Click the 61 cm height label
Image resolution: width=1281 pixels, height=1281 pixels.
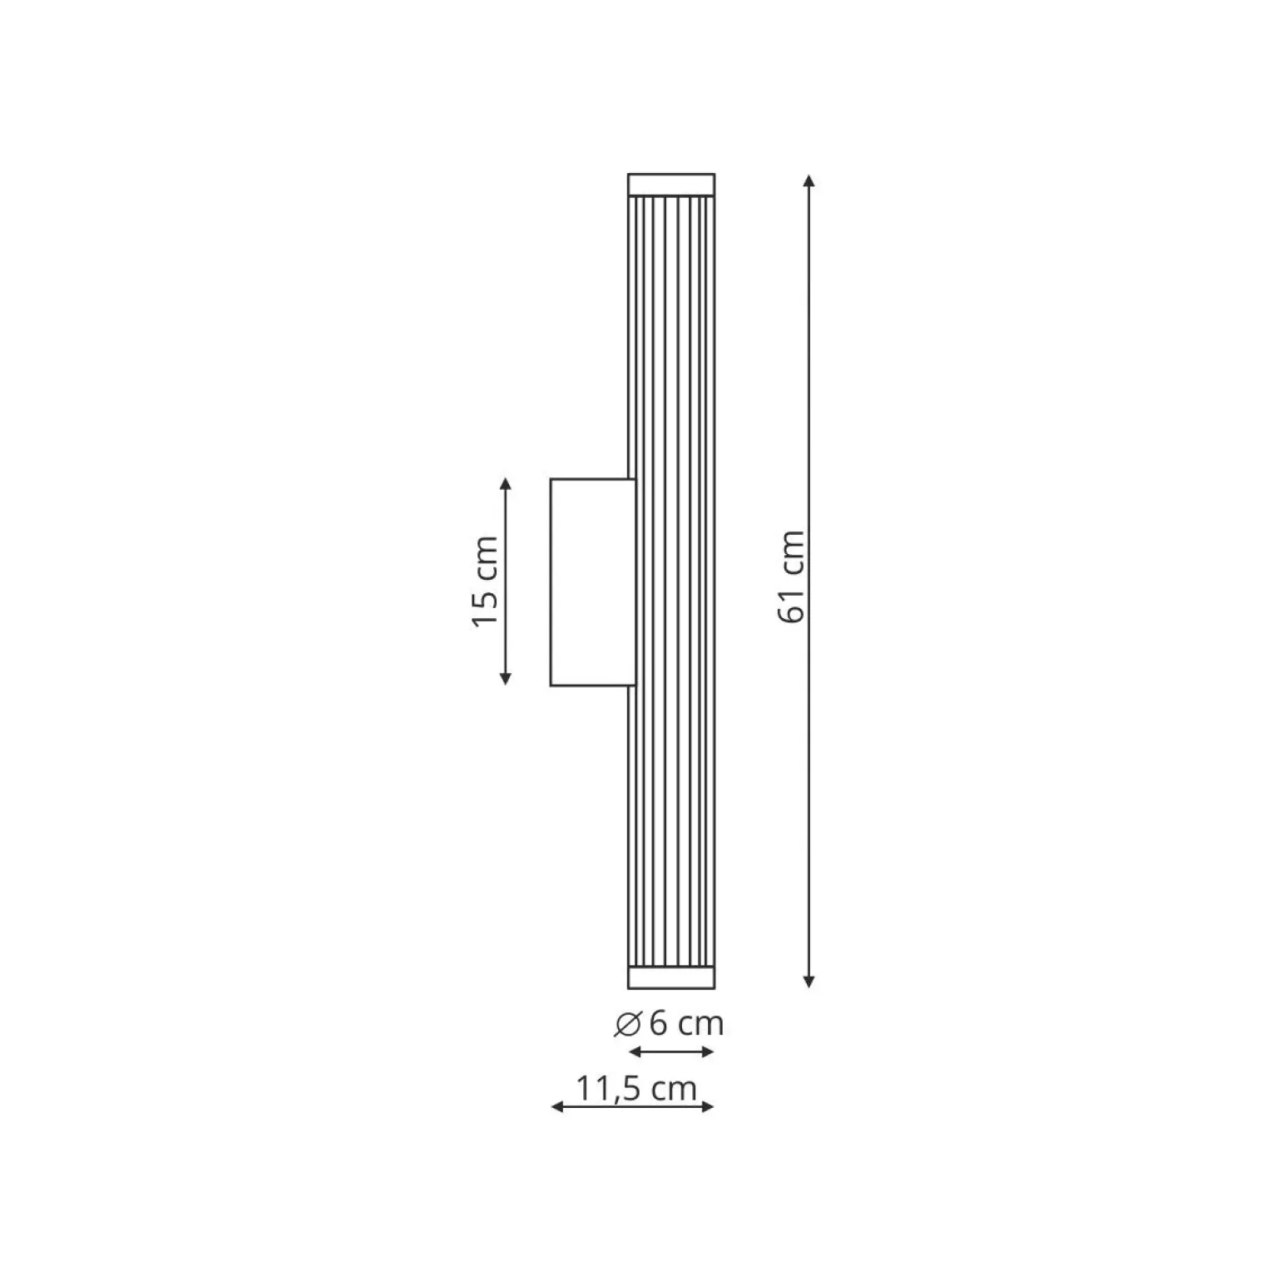pos(791,576)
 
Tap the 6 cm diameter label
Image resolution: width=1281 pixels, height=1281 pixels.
pos(670,1023)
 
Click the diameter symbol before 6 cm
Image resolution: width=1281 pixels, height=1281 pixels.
pos(627,1025)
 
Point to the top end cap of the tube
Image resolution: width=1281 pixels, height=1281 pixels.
pos(671,185)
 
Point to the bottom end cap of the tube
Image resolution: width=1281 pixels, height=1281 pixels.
pos(671,977)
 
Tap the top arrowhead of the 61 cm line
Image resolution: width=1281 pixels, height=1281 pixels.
pos(809,181)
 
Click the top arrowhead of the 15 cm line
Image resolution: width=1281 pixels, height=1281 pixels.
pos(505,484)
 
